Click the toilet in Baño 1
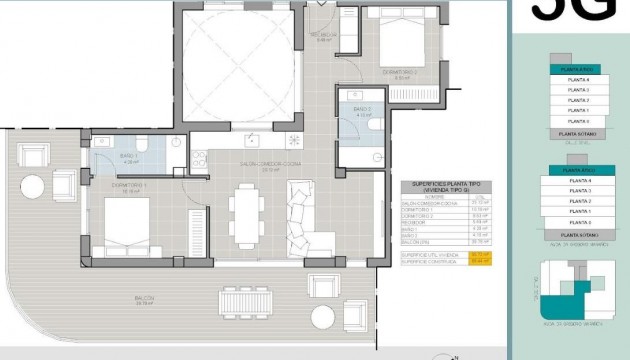click(144, 146)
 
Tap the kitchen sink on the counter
click(254, 140)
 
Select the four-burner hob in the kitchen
click(293, 140)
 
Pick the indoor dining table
click(244, 214)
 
